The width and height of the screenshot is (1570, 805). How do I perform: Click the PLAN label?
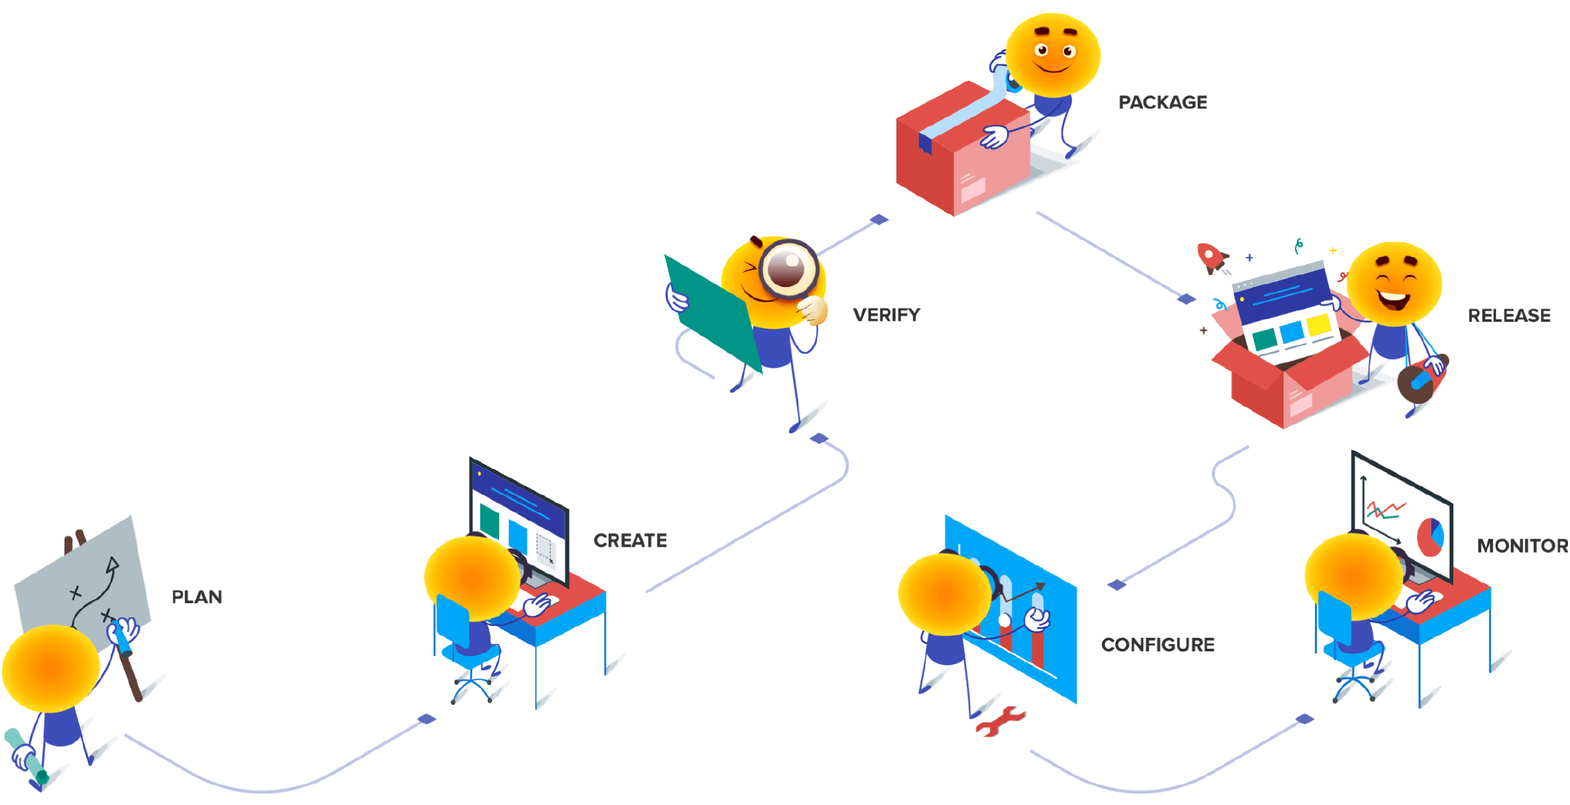(x=197, y=596)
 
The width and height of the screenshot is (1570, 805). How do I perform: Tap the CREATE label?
(x=630, y=540)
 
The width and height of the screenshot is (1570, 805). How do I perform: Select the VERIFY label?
(x=886, y=314)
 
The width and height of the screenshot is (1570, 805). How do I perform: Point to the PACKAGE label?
(x=1163, y=101)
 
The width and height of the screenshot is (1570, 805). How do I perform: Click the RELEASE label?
(x=1509, y=315)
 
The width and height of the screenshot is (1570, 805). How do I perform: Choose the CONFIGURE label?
(x=1158, y=644)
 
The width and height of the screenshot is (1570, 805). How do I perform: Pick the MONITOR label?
(x=1522, y=545)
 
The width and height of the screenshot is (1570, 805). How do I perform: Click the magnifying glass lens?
(x=787, y=268)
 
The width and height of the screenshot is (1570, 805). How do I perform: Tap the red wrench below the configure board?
(x=1000, y=721)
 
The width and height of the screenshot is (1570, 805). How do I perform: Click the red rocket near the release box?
(x=1210, y=257)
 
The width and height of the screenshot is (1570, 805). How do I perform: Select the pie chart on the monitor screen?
(x=1430, y=536)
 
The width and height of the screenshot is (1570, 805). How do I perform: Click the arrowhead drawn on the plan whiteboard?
(x=113, y=566)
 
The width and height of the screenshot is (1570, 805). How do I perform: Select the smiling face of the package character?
(x=1053, y=54)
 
